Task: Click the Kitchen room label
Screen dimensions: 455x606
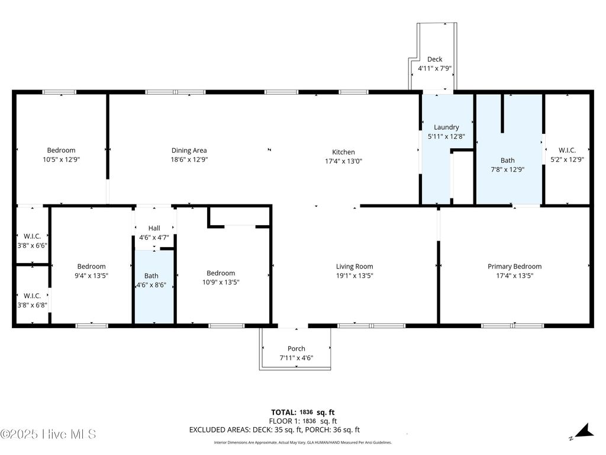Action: (343, 152)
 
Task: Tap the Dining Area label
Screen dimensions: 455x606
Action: (189, 150)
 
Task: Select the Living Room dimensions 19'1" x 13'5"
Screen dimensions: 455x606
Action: (354, 275)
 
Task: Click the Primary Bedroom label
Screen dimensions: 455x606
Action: (514, 267)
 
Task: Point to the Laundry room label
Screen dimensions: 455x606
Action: (446, 127)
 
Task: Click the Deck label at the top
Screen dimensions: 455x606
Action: (434, 59)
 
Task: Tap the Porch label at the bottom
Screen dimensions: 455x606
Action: (296, 348)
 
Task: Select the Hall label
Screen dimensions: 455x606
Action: (154, 228)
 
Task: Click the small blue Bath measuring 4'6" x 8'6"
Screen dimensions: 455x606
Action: (151, 275)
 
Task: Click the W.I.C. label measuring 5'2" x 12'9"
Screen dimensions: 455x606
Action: (566, 150)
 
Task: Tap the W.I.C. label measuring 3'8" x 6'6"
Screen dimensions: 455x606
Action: (32, 236)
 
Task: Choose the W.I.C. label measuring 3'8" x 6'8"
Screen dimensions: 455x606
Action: (32, 296)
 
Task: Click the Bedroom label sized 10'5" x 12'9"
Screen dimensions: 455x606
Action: (61, 150)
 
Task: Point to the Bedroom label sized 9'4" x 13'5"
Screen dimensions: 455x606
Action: (91, 267)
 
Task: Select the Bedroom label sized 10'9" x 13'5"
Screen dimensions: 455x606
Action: (221, 273)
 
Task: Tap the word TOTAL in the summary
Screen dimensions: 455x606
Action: (283, 412)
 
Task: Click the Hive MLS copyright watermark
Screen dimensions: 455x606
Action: (49, 434)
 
